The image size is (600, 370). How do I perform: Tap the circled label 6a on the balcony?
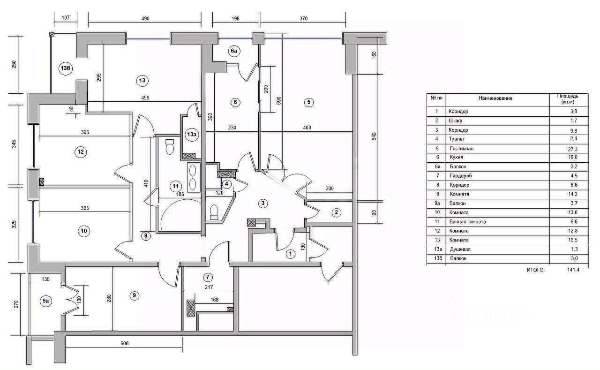pos(234,51)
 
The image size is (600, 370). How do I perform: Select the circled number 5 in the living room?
pos(308,102)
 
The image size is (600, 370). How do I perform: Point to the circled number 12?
pos(81,152)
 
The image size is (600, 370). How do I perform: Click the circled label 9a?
pos(45,302)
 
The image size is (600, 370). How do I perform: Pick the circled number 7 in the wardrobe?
pos(208,277)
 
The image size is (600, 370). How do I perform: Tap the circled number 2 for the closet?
pos(336,212)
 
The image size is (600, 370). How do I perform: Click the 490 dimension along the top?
pos(145,19)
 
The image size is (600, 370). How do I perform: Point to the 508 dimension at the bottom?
pos(124,343)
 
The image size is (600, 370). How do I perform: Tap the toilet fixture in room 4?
pos(214,212)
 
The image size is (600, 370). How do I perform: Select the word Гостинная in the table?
pos(461,149)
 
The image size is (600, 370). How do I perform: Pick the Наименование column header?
pos(495,98)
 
